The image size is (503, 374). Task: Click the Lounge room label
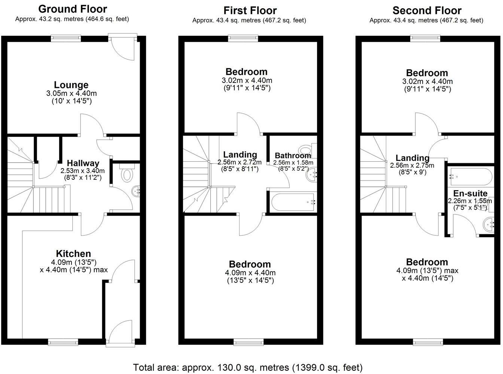71,85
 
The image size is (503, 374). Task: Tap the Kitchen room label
73,254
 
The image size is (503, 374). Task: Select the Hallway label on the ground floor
83,163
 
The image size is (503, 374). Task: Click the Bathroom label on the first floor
293,155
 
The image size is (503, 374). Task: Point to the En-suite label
470,194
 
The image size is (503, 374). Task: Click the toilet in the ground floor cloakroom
127,174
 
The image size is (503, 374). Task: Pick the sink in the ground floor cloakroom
136,191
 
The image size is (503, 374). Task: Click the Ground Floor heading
73,9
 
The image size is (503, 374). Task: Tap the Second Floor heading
427,10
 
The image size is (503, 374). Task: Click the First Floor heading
250,10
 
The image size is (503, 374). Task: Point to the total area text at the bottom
248,367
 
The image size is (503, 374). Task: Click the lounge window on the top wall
66,37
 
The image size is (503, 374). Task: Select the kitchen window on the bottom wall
63,341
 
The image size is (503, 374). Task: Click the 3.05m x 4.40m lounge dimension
71,93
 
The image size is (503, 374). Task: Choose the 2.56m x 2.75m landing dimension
412,166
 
